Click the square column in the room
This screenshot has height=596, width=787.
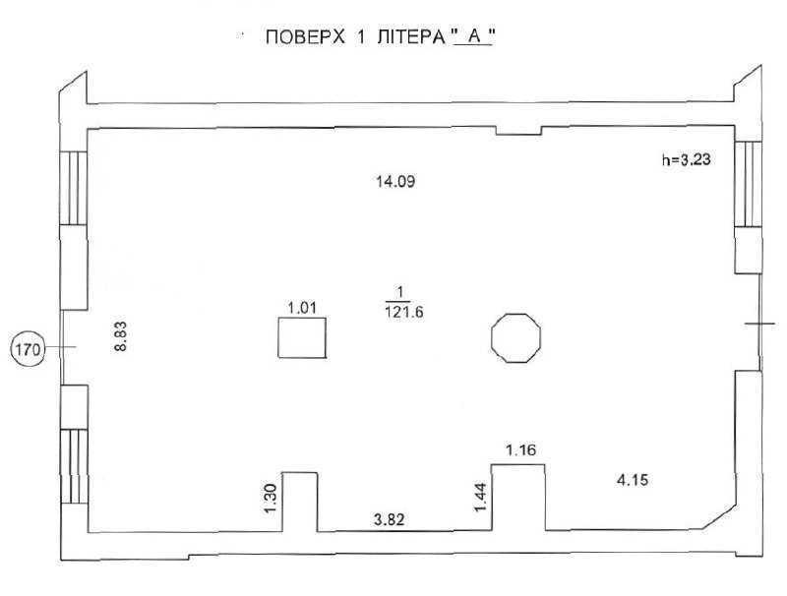[301, 339]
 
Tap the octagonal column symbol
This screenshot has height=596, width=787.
[515, 338]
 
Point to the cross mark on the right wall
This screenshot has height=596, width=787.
[759, 324]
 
